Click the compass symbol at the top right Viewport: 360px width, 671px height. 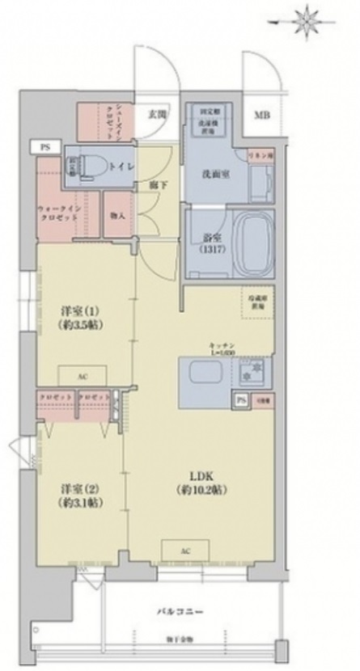[307, 17]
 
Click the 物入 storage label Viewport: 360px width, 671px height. [117, 215]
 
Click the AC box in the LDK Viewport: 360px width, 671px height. [184, 551]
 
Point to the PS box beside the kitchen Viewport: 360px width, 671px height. [240, 399]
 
